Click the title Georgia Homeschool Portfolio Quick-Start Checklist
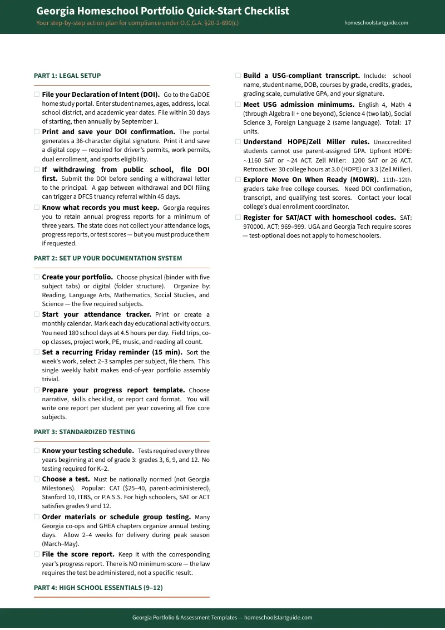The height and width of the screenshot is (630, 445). click(162, 11)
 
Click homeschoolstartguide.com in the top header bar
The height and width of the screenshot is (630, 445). click(376, 23)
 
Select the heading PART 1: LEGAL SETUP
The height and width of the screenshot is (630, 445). click(67, 75)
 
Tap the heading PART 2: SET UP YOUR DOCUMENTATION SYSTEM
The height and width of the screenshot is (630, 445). click(108, 258)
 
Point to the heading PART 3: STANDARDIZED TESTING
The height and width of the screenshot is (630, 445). click(85, 432)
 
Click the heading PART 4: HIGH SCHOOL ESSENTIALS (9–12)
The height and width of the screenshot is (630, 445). click(98, 588)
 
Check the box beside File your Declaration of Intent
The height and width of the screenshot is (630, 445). click(37, 95)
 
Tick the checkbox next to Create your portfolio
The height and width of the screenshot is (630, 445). click(37, 277)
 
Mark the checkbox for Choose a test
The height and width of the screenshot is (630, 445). click(37, 479)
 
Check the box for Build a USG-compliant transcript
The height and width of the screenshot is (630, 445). click(238, 76)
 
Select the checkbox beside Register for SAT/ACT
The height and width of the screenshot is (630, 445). click(238, 218)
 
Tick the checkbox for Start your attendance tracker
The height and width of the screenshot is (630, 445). click(37, 314)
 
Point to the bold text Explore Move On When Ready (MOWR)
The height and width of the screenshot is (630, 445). click(311, 180)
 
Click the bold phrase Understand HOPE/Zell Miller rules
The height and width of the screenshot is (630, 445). click(306, 142)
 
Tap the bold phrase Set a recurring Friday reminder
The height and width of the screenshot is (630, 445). click(112, 352)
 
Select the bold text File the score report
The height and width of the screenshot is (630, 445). click(78, 554)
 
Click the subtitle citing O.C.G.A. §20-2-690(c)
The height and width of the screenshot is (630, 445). click(137, 23)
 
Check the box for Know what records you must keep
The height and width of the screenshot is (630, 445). click(37, 208)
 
